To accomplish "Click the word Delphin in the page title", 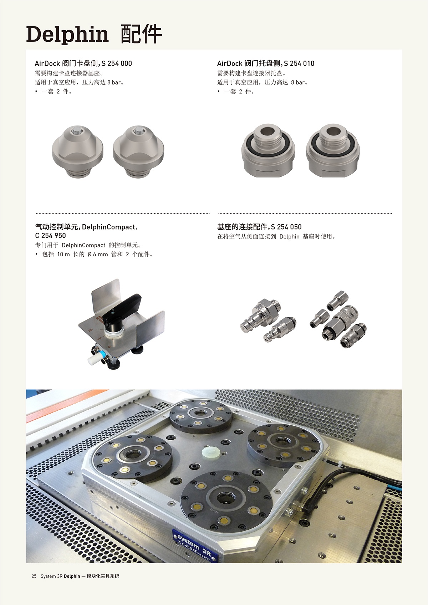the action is pos(67,35).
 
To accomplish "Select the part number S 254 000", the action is pos(117,63).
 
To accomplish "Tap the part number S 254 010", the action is pos(299,63).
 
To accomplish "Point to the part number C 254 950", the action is pos(51,236).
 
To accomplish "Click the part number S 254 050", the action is pos(286,227).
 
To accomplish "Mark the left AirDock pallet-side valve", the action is pos(268,150).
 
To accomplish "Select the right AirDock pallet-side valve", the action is pos(333,150).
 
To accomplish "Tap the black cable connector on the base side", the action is pos(308,508).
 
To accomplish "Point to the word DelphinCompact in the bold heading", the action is pos(108,227).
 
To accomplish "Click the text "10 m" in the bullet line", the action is pos(63,254).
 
